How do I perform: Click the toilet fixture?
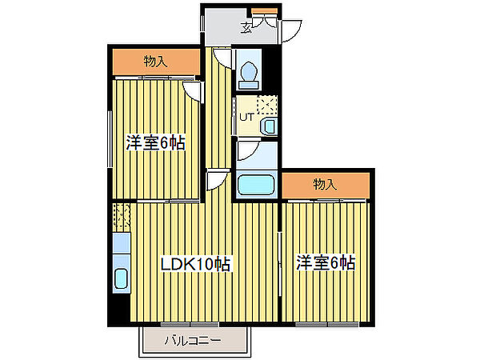(249, 70)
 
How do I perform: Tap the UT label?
(246, 117)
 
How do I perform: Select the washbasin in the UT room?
(268, 126)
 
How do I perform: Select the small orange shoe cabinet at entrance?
(264, 10)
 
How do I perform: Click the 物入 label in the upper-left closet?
(156, 61)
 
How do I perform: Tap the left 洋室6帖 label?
(156, 143)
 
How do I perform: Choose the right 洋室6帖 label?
(326, 262)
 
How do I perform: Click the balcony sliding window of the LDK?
(192, 324)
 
